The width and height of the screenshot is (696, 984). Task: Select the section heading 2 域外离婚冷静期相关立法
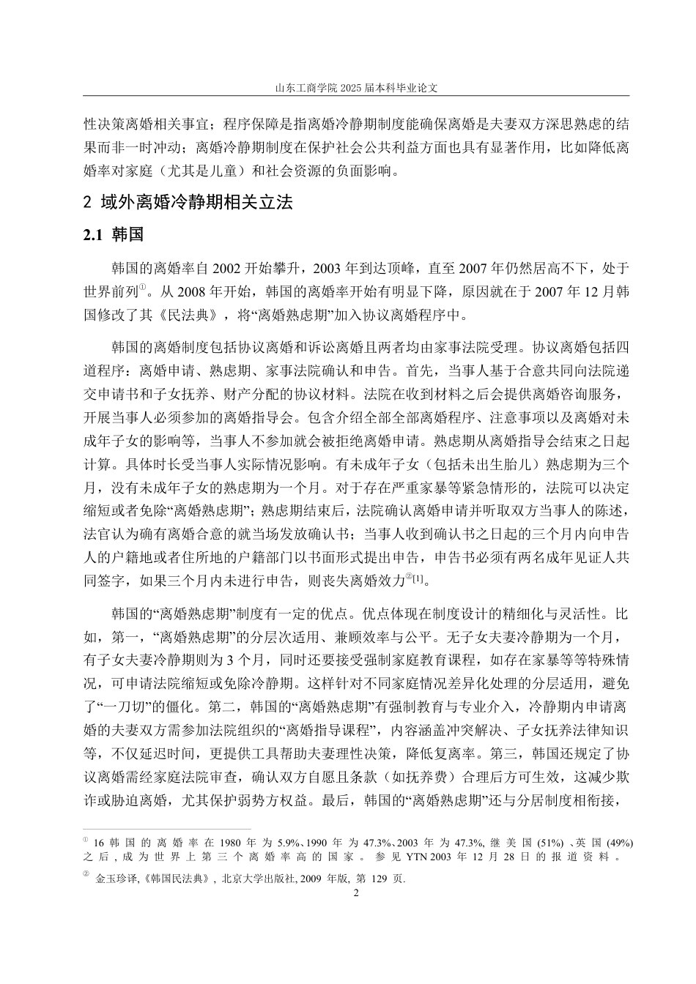(189, 202)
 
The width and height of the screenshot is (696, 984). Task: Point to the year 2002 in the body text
(207, 267)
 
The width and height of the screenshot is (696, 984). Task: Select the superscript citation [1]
(417, 579)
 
